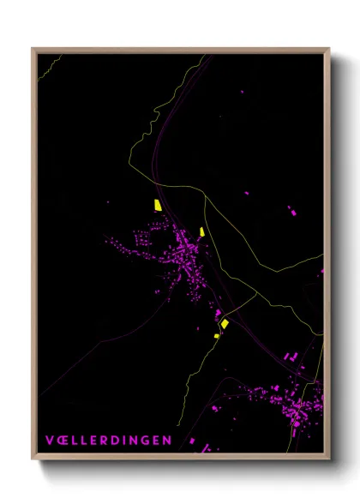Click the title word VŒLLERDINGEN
[108, 441]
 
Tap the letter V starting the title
[50, 441]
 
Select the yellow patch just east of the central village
[202, 231]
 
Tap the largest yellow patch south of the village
[225, 323]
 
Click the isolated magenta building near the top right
[241, 90]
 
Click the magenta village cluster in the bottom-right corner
[296, 403]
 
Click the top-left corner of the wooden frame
[33, 50]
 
